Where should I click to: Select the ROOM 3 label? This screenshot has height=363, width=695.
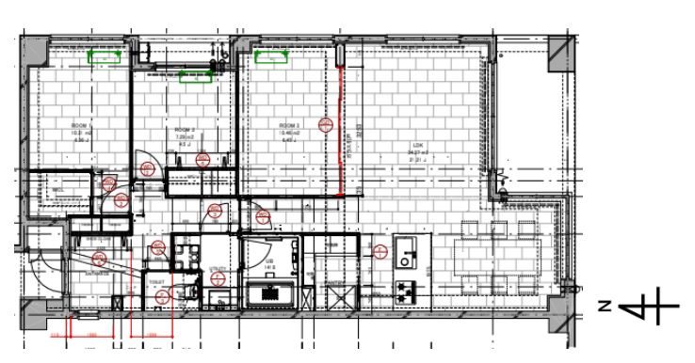click(288, 125)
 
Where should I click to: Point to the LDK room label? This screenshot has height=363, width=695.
click(417, 144)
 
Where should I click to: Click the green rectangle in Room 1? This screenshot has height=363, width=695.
click(105, 56)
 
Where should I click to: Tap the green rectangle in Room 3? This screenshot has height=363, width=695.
click(269, 58)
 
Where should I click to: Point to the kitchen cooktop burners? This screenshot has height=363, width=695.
click(407, 288)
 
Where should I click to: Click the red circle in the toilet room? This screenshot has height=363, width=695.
click(163, 297)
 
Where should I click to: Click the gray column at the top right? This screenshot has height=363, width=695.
click(561, 56)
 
